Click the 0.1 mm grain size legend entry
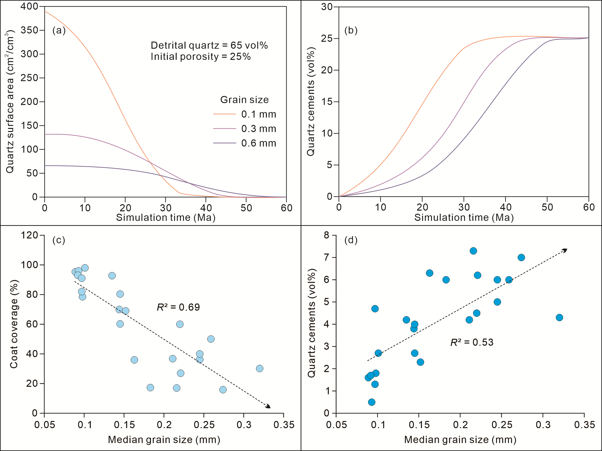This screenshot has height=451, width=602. [258, 114]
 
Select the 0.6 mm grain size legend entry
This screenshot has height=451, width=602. [258, 143]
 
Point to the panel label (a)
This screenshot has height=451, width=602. [59, 30]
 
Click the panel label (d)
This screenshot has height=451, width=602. [351, 240]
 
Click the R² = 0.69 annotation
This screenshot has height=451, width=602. [178, 307]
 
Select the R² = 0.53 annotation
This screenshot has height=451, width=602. [472, 342]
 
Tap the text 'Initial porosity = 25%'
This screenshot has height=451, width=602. [201, 56]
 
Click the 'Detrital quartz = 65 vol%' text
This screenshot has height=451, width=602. [209, 45]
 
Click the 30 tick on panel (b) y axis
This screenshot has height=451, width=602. [327, 7]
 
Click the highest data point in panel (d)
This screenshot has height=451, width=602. [473, 251]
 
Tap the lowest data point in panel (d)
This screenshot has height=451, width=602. [371, 402]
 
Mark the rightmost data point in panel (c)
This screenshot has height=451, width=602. [260, 368]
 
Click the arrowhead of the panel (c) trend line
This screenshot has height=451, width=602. [269, 406]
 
